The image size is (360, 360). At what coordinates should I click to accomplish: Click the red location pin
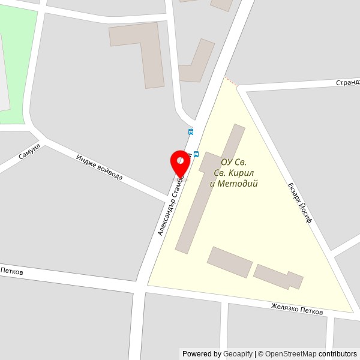pos(179,161)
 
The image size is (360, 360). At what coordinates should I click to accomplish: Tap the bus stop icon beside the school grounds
pos(196,154)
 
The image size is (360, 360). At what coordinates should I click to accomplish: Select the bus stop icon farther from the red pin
pos(191,131)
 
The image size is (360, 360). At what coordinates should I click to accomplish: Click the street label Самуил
pos(29,151)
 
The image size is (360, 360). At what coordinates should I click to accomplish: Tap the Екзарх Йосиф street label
pos(300,202)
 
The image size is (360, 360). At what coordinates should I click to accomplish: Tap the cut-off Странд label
pos(347,82)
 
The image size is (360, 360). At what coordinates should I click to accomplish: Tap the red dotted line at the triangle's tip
pos(231,81)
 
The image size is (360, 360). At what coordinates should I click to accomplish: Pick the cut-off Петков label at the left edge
pos(11,272)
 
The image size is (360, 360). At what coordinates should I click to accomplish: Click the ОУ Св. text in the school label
pos(233,162)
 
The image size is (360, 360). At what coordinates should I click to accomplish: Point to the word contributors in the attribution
pos(337,354)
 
